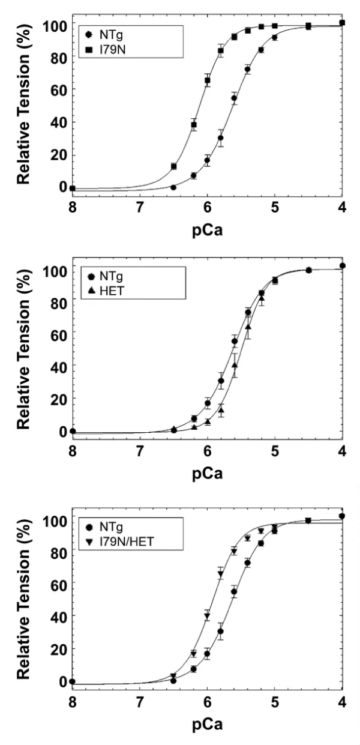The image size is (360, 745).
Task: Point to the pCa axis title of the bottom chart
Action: click(208, 725)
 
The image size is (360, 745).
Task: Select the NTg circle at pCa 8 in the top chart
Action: click(73, 188)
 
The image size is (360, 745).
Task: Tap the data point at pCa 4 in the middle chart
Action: click(342, 265)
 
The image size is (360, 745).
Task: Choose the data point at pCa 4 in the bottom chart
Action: click(342, 516)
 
